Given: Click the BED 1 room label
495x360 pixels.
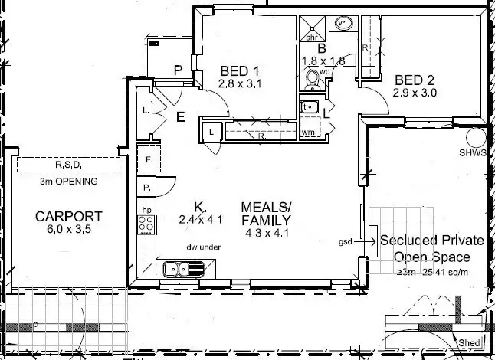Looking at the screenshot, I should [238, 70].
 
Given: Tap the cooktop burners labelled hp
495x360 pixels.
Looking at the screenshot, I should [146, 224].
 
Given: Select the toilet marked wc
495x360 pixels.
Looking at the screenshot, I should [312, 79].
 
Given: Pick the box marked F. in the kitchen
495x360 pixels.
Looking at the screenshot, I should [147, 159].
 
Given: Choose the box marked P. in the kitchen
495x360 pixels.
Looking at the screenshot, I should [146, 188].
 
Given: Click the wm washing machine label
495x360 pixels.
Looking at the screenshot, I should [310, 133].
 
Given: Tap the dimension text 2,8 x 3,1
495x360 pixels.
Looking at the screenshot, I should [240, 84].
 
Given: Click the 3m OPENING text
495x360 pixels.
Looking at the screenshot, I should [68, 182].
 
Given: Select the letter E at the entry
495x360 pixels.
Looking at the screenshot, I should [181, 117].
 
